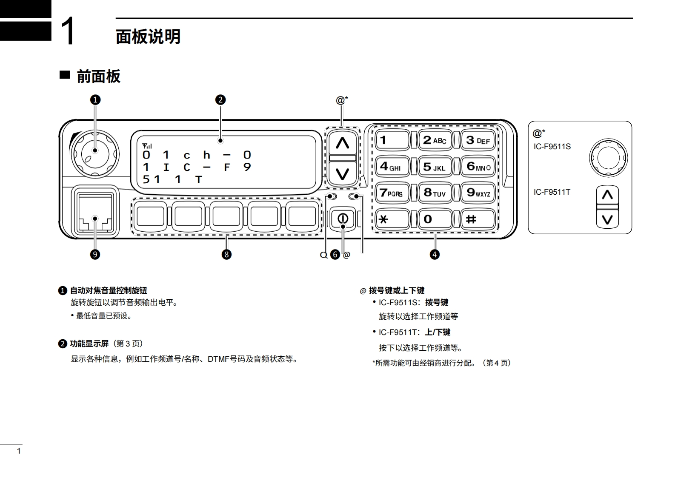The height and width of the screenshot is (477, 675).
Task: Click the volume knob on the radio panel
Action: tap(95, 150)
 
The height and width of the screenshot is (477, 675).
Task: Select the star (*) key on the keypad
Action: tap(392, 219)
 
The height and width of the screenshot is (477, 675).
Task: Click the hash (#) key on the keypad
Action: tap(478, 219)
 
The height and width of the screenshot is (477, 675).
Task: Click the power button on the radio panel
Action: tap(343, 219)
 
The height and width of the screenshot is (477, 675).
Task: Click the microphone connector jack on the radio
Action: tap(95, 211)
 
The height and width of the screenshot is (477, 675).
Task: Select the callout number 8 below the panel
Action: tap(226, 255)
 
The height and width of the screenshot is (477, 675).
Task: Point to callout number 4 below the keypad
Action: tap(435, 255)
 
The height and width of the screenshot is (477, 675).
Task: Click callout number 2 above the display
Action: tap(220, 100)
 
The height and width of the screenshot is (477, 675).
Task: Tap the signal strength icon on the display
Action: tap(147, 146)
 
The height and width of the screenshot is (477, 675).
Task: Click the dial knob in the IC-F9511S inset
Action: tap(608, 158)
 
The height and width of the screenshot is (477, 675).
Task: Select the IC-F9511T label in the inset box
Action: tap(552, 192)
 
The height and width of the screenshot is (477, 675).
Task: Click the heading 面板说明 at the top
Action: tap(148, 37)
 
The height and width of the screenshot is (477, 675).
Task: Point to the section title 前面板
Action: tap(98, 77)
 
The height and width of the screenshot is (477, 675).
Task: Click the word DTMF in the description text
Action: tap(218, 359)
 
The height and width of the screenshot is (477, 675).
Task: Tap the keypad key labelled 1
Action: tap(392, 140)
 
